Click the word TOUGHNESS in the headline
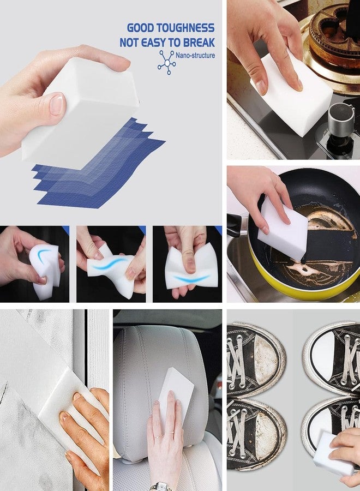click(x=187, y=28)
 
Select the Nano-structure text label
click(x=195, y=56)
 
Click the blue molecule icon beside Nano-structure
click(x=166, y=62)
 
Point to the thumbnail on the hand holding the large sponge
click(x=57, y=104)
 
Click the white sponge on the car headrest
click(x=176, y=390)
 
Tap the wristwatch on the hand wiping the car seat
click(x=161, y=486)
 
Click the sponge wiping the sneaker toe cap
click(x=333, y=452)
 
